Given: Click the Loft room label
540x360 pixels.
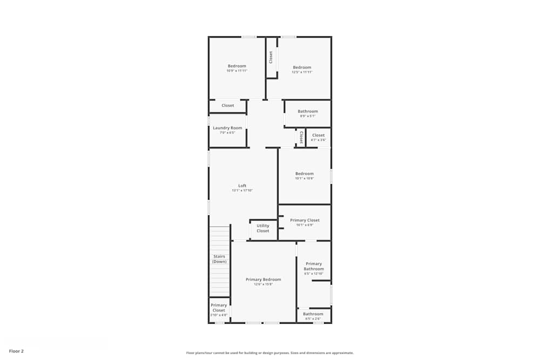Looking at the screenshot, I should pos(242,186).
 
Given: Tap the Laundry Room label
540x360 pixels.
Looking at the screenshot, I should pos(227,128).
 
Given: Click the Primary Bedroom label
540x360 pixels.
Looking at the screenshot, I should pos(264,280).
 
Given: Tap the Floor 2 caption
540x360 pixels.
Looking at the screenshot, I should pos(16,351).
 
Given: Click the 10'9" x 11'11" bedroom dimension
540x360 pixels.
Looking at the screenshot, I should pos(237,71).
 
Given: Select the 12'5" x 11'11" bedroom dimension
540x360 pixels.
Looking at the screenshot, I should pos(302,72).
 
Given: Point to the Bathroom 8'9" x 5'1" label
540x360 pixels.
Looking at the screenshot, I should pos(308,111).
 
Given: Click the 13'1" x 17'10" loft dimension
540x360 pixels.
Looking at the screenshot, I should pos(242,191).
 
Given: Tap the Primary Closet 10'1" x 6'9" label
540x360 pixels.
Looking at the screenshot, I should pos(305,220).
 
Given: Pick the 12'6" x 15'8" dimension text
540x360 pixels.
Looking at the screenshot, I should pos(264,284).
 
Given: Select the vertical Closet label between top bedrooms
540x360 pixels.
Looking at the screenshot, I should pos(271,57).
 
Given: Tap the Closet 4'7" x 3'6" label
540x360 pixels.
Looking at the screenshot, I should pos(319,135).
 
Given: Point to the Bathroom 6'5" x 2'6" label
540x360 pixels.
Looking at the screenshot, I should pos(313,314).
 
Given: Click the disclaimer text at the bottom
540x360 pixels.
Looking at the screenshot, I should pos(270,353).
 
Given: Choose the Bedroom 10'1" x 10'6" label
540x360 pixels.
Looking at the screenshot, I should pos(305,174).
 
